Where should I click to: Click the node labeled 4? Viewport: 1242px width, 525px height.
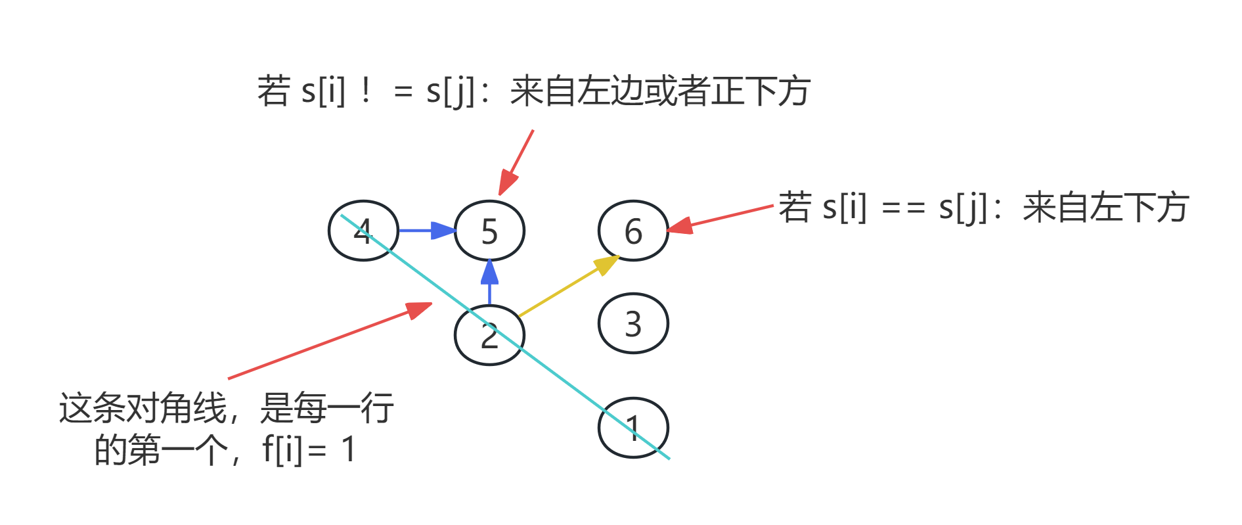tap(363, 231)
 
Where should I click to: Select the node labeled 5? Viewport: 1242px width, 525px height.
tap(489, 231)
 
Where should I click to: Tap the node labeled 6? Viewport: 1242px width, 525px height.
tap(632, 231)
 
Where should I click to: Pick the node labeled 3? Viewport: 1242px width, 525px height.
tap(632, 323)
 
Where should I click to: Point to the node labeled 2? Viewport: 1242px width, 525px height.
tap(489, 335)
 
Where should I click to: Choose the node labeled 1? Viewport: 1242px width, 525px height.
tap(632, 428)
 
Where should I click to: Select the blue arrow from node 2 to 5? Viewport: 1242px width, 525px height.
tap(489, 283)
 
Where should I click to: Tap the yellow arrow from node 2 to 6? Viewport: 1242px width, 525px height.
tap(568, 286)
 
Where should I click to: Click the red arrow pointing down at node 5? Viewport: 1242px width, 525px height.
tap(516, 162)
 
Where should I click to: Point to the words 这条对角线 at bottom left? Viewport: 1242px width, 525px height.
tap(142, 409)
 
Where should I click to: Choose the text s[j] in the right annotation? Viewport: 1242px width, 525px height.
tap(963, 208)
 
